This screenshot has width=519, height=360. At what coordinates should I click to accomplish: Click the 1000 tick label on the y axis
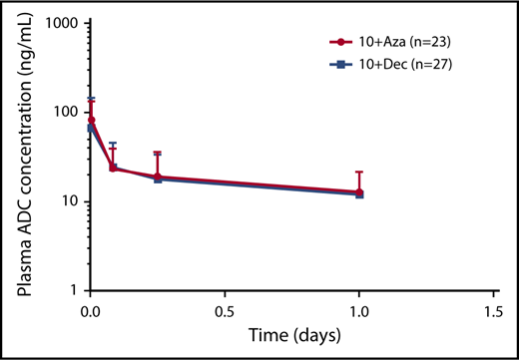pyautogui.click(x=64, y=22)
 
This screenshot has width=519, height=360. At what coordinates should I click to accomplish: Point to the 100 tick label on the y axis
pyautogui.click(x=68, y=111)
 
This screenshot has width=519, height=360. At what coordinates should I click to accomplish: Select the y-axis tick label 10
pyautogui.click(x=72, y=201)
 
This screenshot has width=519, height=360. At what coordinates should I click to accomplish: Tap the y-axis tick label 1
pyautogui.click(x=76, y=291)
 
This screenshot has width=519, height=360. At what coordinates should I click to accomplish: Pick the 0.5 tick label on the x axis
pyautogui.click(x=226, y=308)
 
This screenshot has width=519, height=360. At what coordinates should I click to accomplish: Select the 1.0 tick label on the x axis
pyautogui.click(x=360, y=308)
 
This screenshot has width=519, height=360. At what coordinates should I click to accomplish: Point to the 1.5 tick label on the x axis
pyautogui.click(x=495, y=308)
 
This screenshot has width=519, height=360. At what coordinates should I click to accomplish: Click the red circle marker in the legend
pyautogui.click(x=342, y=43)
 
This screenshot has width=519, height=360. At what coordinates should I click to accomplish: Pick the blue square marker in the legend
pyautogui.click(x=342, y=63)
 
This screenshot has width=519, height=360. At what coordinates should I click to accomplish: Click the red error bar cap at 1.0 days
pyautogui.click(x=360, y=172)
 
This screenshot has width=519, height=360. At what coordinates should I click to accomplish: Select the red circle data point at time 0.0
pyautogui.click(x=91, y=120)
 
